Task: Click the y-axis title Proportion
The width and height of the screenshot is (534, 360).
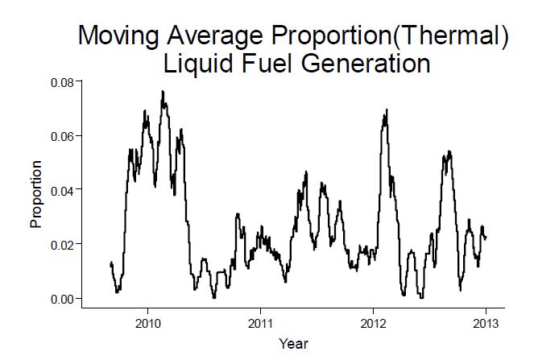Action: coord(36,193)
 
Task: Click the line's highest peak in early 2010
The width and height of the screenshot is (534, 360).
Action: coord(163,92)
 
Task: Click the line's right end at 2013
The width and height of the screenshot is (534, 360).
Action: coord(486,237)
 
